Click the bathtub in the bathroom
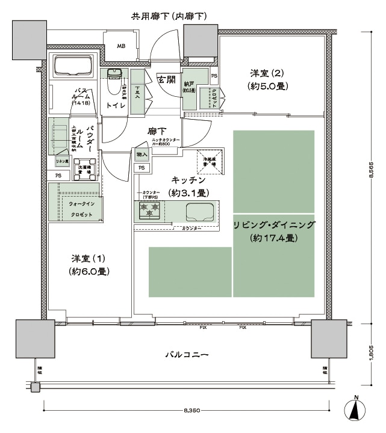pyautogui.click(x=72, y=66)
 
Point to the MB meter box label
pyautogui.click(x=121, y=46)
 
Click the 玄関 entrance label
pyautogui.click(x=166, y=79)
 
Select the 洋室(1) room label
pyautogui.click(x=89, y=265)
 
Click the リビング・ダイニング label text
pyautogui.click(x=274, y=232)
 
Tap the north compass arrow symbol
pyautogui.click(x=356, y=411)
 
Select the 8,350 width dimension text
pyautogui.click(x=192, y=411)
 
